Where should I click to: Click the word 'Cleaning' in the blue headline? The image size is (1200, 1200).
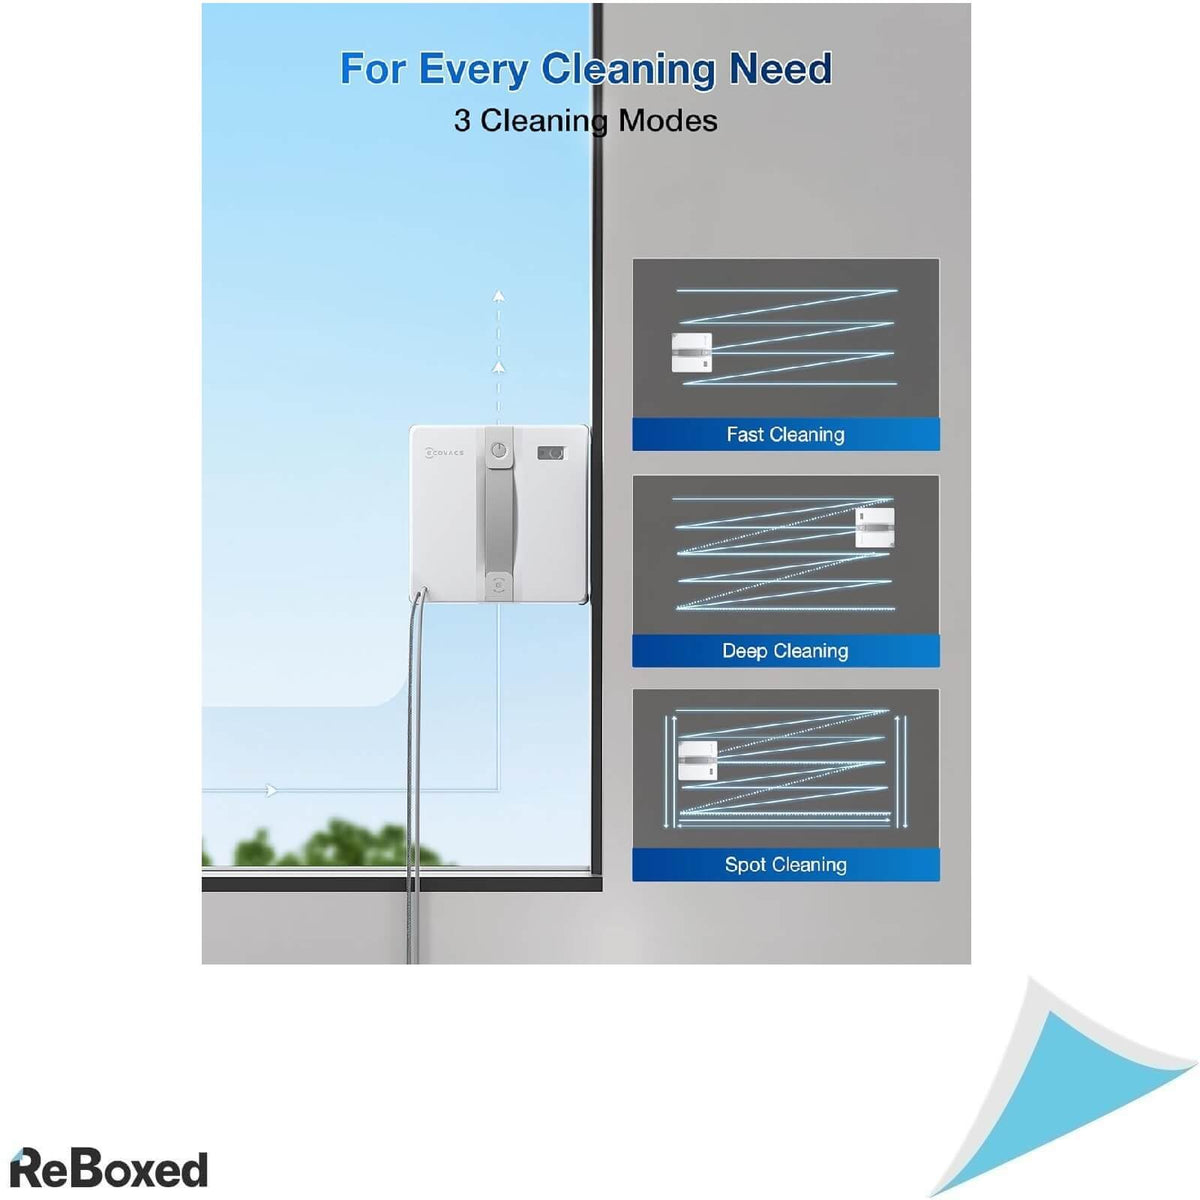point(628,70)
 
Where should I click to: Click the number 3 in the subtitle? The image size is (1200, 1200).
point(461,120)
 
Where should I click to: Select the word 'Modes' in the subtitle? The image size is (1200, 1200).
point(668,120)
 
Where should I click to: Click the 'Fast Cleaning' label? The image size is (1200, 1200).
point(785,434)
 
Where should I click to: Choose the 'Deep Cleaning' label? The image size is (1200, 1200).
point(785,651)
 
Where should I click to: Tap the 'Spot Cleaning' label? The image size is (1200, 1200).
point(785,864)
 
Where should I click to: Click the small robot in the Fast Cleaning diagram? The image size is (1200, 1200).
point(691,352)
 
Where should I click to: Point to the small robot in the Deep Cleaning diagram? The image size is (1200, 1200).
point(874,527)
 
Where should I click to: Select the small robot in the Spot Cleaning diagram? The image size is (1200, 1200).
point(697,760)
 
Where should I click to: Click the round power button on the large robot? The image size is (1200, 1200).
point(499,450)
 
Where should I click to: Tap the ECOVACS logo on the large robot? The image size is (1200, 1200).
point(444,453)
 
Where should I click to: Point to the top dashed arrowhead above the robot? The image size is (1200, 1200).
point(498,296)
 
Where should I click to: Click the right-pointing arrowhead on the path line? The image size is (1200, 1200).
point(272,790)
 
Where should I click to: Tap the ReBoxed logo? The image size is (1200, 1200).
point(108,1168)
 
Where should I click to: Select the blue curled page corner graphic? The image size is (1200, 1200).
point(1059,1084)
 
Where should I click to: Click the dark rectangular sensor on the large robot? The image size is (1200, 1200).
point(550,453)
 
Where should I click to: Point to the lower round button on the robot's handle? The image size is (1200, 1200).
point(498,585)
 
